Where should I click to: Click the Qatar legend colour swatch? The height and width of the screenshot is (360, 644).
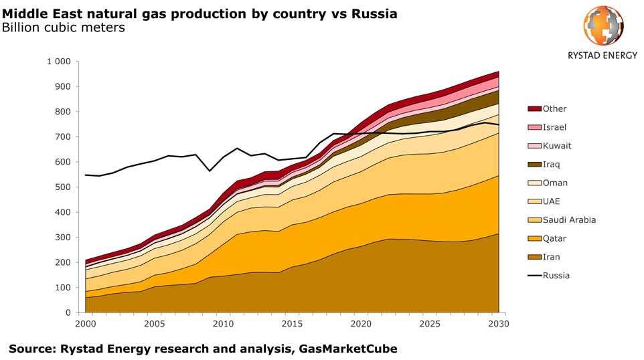tap(534, 238)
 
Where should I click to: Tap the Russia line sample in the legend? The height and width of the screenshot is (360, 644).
tap(534, 275)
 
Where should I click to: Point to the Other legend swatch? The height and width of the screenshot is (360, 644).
tap(534, 108)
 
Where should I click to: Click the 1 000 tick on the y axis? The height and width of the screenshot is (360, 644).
tap(58, 62)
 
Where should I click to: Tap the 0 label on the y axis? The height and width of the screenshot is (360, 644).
tap(68, 312)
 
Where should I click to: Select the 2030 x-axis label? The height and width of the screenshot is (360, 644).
tap(498, 324)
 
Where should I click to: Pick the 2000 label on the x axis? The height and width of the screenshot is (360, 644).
tap(86, 324)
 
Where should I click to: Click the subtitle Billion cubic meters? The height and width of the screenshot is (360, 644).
tap(64, 27)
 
